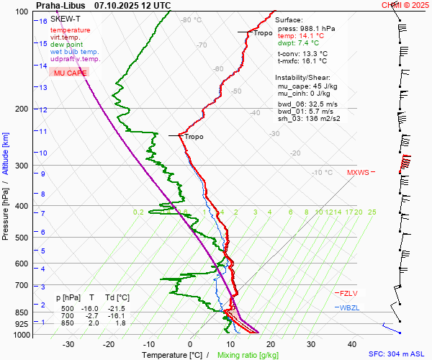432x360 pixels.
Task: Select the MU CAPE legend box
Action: [68, 73]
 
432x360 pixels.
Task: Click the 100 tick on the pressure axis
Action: [21, 12]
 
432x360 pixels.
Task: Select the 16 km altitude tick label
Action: [43, 21]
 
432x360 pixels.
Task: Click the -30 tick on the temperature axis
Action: [68, 344]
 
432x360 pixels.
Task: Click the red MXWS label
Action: [358, 173]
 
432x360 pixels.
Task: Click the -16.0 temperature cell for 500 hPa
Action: [92, 307]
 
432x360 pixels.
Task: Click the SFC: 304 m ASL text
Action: [396, 354]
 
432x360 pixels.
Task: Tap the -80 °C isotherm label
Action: [192, 20]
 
